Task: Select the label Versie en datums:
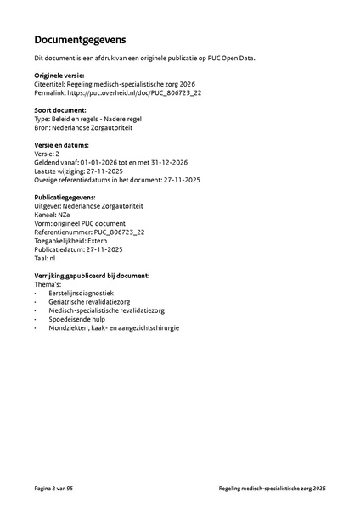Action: click(x=66, y=146)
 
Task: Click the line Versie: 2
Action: click(x=48, y=154)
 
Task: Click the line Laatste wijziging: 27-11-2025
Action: click(x=79, y=171)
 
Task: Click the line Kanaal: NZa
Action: click(x=53, y=215)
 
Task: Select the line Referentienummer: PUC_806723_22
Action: click(x=89, y=232)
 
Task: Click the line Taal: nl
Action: click(x=45, y=258)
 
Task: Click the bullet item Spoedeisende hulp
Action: click(x=80, y=319)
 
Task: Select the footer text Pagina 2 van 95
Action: click(x=59, y=489)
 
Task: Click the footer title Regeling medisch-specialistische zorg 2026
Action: click(x=272, y=489)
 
